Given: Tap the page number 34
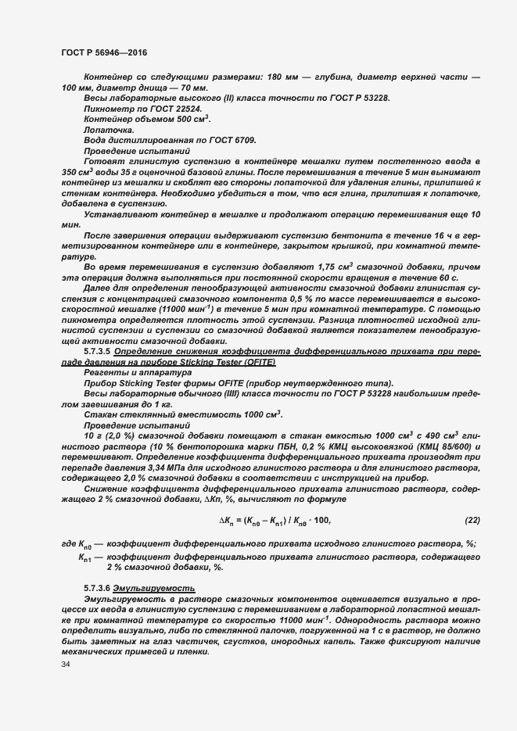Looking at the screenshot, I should coord(66,664).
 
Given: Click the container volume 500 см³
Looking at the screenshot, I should coord(189,118).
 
